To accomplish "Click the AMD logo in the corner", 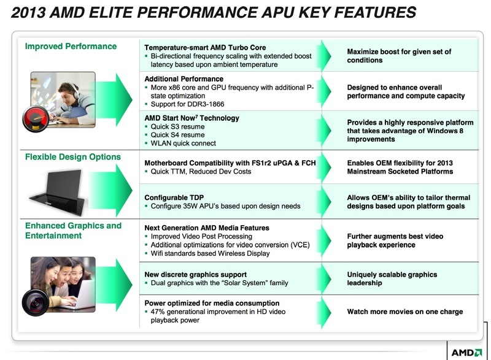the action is click(x=466, y=353).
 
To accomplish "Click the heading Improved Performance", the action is click(x=71, y=46).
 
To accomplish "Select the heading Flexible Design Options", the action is click(x=73, y=157).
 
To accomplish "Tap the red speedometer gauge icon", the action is click(x=36, y=119).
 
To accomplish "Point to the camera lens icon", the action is click(x=36, y=302).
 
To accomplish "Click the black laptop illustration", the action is click(x=58, y=193).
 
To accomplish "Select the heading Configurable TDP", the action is click(x=174, y=197).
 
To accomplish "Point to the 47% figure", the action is click(x=158, y=312).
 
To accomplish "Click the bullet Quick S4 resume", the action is click(x=177, y=135).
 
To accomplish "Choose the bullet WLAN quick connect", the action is click(x=183, y=144).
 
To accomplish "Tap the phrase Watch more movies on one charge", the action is click(x=405, y=312).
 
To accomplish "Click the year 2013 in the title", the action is click(x=28, y=12).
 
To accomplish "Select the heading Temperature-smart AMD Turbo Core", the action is click(x=205, y=48).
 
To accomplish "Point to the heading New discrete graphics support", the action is click(x=195, y=274).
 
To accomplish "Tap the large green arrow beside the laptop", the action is click(x=111, y=191).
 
